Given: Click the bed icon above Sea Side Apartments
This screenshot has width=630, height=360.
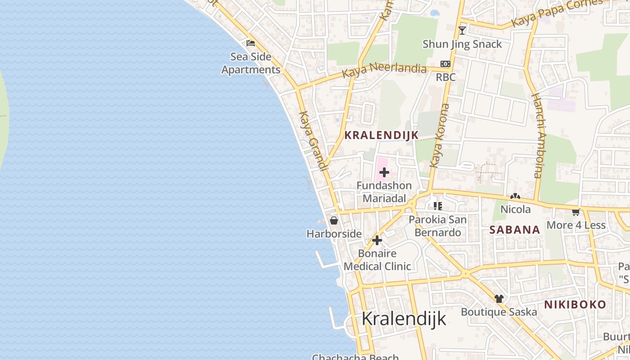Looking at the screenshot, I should (x=251, y=43).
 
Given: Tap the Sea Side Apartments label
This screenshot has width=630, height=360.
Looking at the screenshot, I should (x=251, y=63).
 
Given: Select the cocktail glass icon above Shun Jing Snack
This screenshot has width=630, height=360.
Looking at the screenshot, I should (x=462, y=31).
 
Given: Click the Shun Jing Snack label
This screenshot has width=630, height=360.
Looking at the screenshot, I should (x=462, y=44).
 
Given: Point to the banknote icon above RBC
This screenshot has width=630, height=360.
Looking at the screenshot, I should (x=445, y=64).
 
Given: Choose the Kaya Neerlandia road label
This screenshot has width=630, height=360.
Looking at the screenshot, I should (x=384, y=70).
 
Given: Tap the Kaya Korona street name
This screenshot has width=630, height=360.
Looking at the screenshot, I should (x=440, y=135).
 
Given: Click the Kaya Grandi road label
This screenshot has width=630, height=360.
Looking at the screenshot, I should (x=312, y=141).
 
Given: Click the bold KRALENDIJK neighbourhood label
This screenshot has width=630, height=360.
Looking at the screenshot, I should (x=382, y=135).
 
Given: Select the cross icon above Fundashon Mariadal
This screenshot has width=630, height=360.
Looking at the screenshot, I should (x=384, y=172).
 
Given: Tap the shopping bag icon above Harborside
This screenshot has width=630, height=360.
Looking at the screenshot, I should (x=334, y=220).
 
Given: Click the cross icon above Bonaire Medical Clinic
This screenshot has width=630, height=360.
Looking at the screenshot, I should (x=377, y=240).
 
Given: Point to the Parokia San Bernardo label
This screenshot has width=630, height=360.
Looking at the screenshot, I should (x=437, y=226).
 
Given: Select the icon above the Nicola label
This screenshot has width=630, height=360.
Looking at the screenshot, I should (x=515, y=197).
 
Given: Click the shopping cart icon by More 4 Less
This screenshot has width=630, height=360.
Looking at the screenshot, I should (x=576, y=212).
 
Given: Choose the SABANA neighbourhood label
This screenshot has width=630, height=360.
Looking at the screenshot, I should (x=515, y=230).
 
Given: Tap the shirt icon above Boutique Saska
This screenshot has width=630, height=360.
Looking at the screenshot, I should (x=499, y=298).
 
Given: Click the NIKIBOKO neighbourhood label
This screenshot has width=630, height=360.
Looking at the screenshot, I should (x=575, y=305).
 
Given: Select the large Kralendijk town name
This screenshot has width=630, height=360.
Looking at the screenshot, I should (x=404, y=319).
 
